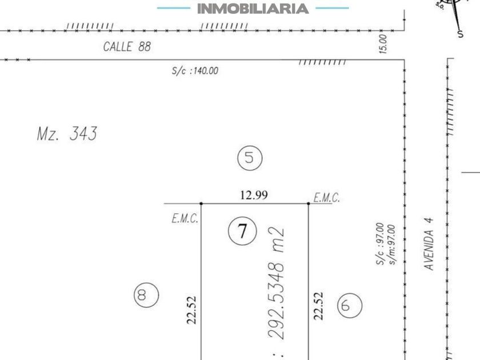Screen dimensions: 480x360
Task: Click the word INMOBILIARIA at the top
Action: (253, 9)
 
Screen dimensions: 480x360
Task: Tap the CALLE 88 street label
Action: (127, 46)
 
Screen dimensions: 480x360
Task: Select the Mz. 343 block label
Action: (67, 134)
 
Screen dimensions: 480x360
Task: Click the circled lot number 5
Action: (250, 158)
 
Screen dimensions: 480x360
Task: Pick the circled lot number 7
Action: (242, 231)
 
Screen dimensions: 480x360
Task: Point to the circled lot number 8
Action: (146, 295)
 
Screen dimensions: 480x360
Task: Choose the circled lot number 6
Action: (350, 305)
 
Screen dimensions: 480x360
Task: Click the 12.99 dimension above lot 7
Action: (254, 195)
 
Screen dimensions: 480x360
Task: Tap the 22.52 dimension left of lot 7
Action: (191, 310)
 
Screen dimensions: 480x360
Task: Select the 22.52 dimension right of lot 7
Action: (318, 306)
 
